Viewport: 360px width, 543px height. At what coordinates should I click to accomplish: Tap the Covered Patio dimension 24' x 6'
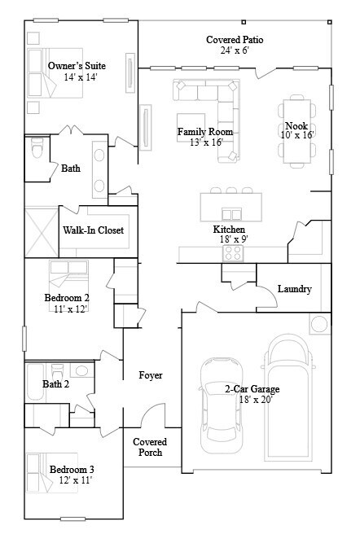click(234, 50)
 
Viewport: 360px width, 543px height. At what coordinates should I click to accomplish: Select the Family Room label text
click(205, 131)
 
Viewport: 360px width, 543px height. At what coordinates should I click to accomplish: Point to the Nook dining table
click(296, 131)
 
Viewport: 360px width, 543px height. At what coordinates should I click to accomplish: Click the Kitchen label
click(229, 230)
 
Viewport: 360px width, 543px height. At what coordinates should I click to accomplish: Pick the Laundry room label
click(294, 289)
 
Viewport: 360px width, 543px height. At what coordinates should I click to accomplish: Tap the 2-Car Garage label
click(254, 389)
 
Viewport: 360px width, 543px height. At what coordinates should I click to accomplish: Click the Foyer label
click(151, 375)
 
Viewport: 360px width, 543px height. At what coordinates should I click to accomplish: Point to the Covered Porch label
click(150, 447)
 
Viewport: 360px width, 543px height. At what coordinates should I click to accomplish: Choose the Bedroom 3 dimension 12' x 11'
click(71, 480)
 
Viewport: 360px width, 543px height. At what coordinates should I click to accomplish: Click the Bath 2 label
click(55, 384)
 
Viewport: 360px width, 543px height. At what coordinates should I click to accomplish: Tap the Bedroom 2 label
click(67, 298)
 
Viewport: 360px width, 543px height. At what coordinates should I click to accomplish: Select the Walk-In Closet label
click(94, 230)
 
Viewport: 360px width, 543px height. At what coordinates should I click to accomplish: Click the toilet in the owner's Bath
click(37, 151)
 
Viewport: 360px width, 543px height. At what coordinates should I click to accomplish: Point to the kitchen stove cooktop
click(233, 253)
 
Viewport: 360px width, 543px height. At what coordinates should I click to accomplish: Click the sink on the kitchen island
click(232, 214)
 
